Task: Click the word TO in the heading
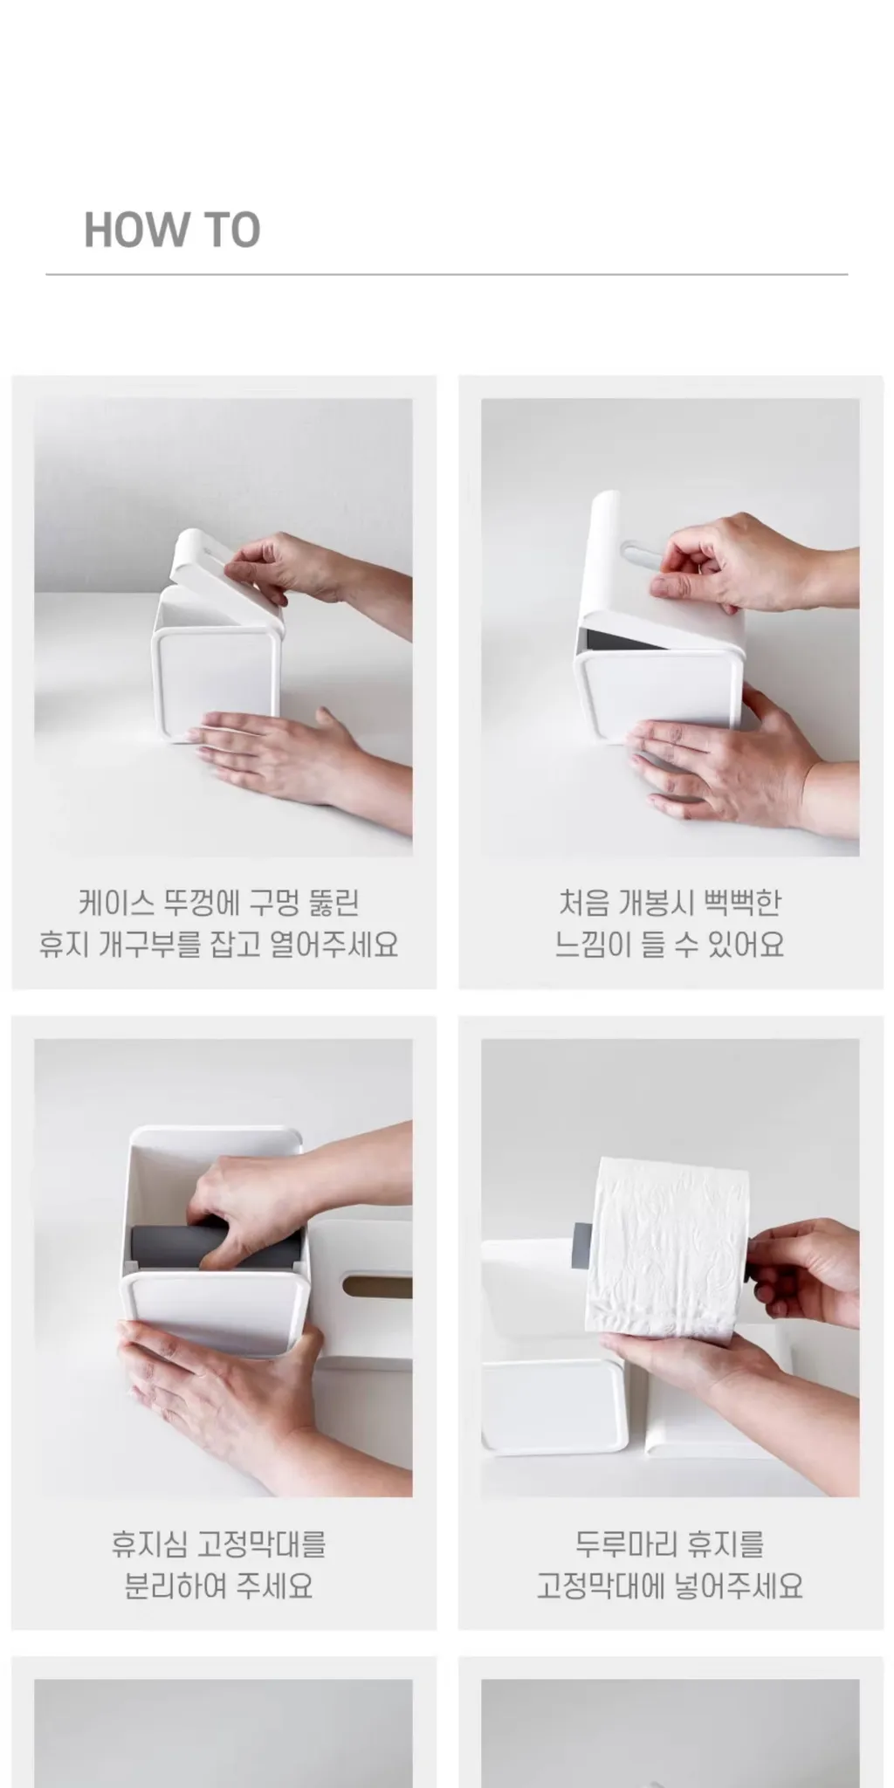click(x=232, y=230)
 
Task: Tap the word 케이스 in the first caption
click(x=116, y=903)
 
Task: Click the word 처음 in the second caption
click(x=583, y=903)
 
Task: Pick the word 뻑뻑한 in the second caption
click(x=741, y=903)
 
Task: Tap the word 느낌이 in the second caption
click(x=593, y=945)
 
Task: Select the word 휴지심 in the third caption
click(x=148, y=1544)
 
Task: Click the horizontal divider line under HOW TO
click(x=447, y=274)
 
